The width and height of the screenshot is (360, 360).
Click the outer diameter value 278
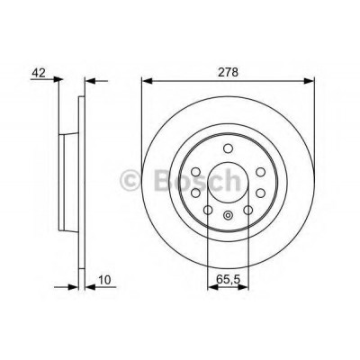point(228,73)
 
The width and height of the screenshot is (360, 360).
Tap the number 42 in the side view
point(39,73)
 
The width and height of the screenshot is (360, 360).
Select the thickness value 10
point(104,280)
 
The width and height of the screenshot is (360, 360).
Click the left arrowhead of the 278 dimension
point(147,81)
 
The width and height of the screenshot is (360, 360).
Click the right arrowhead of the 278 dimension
point(310,81)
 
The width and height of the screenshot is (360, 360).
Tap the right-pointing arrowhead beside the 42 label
point(58,79)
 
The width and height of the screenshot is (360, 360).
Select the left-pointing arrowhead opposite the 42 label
point(90,81)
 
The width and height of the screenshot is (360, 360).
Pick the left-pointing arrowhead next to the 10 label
point(90,287)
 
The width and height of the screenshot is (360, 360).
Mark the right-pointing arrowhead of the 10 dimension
point(73,287)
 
